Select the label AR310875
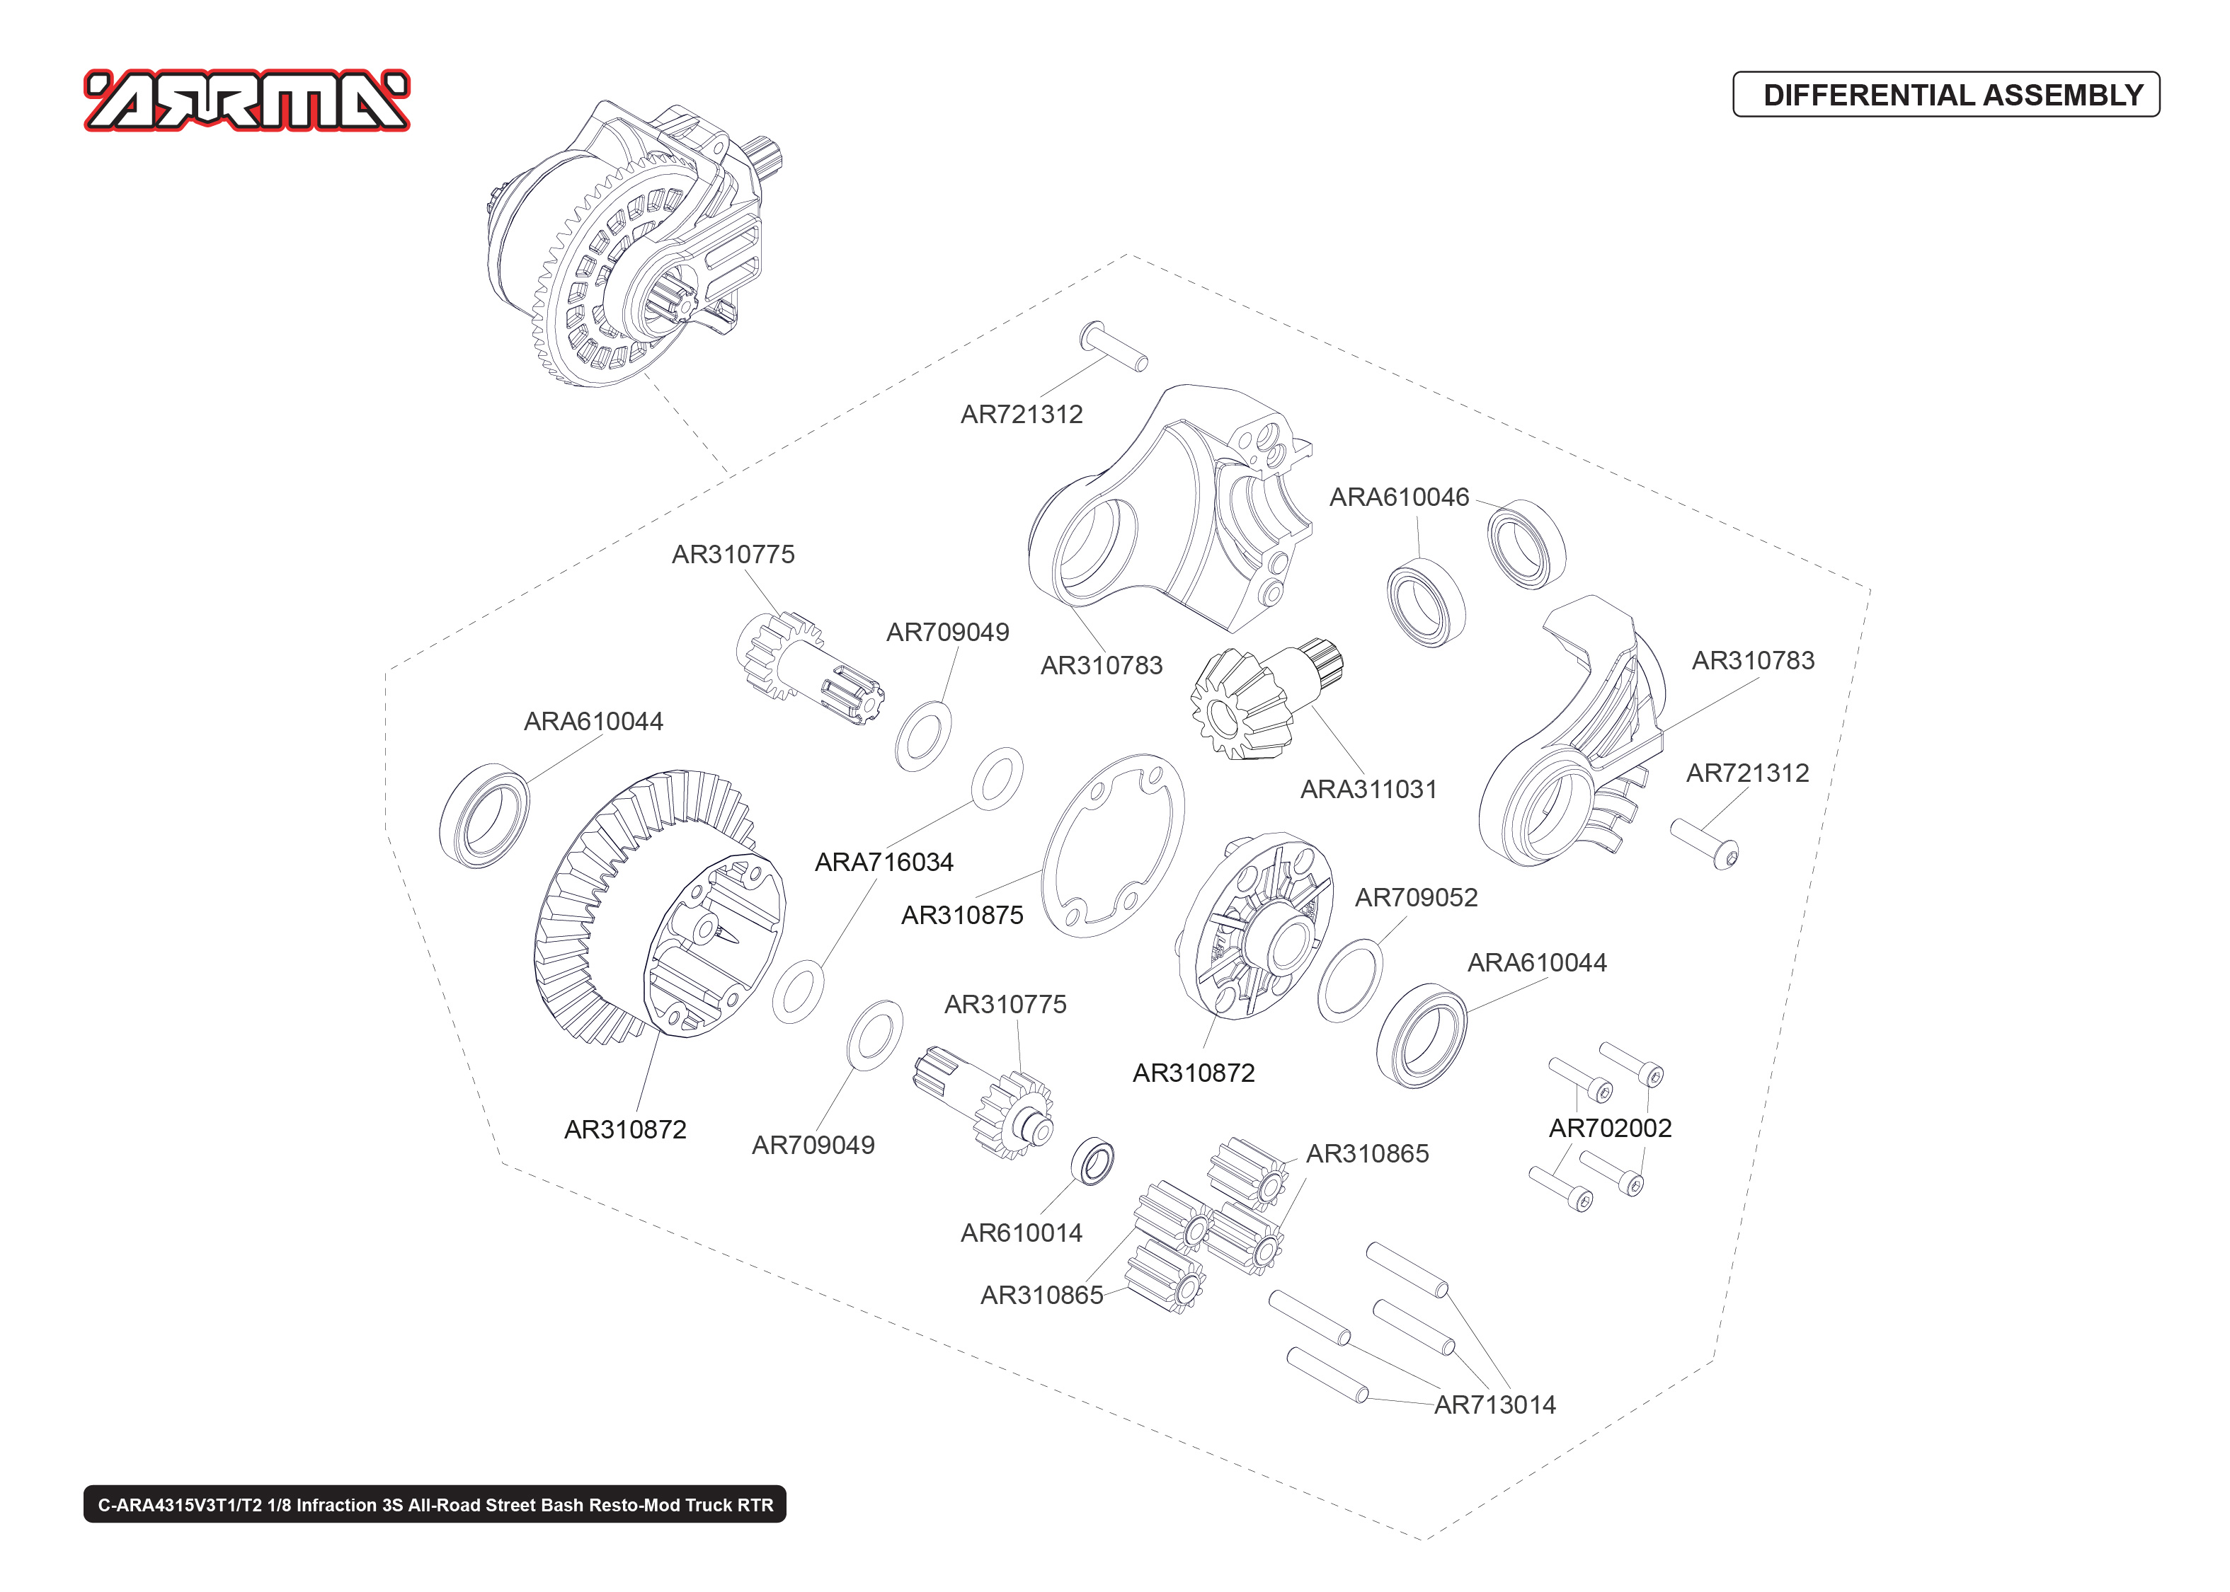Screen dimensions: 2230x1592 [x=961, y=915]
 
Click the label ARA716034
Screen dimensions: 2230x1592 [x=883, y=862]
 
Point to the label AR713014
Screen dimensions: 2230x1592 [x=1494, y=1404]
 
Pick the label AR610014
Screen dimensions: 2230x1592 [x=1020, y=1233]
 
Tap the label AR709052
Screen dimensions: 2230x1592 [x=1415, y=897]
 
